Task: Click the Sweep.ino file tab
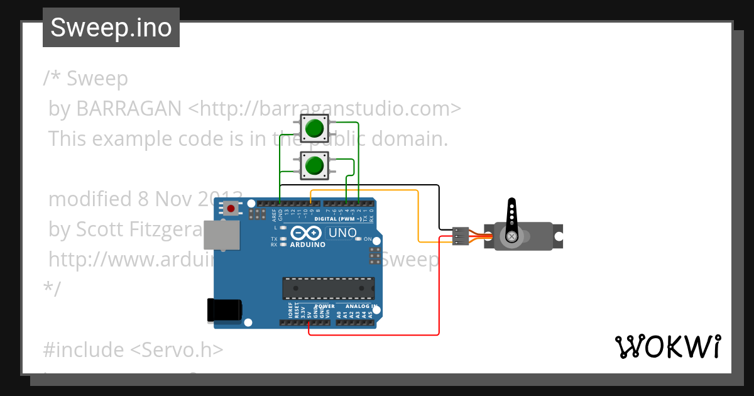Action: (x=111, y=28)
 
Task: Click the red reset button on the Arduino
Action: (x=231, y=208)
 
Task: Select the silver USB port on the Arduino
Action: (x=222, y=234)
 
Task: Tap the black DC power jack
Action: (x=224, y=311)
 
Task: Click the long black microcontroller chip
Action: (x=328, y=288)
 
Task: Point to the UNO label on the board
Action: (x=342, y=233)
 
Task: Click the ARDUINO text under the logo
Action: (x=308, y=245)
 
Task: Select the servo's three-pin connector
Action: (x=461, y=236)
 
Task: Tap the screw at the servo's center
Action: (x=512, y=236)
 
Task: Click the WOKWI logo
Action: (x=667, y=346)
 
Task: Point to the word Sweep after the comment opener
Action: (x=97, y=79)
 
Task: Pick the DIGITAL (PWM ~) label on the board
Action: (x=339, y=219)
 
